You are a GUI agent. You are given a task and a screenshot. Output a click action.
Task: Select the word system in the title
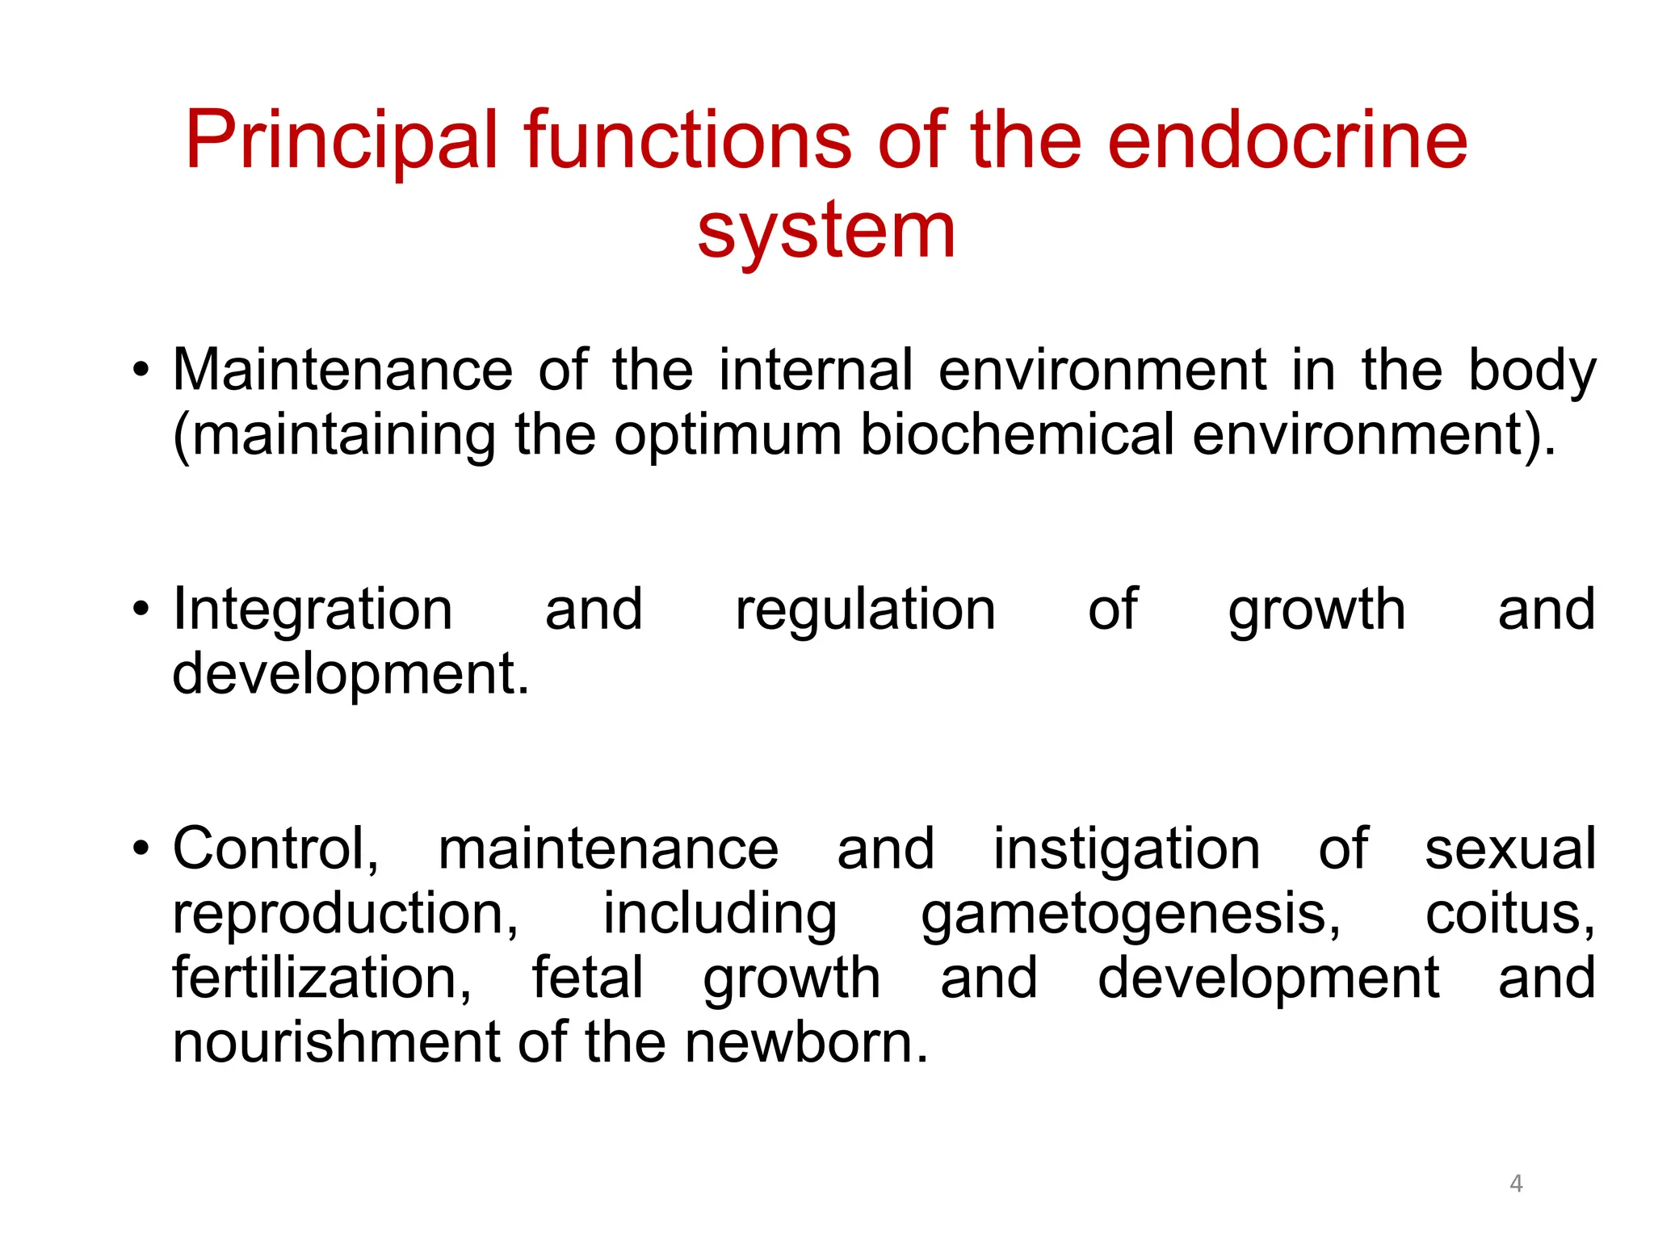(x=826, y=232)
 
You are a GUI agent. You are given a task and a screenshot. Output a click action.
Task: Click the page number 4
(x=1516, y=1183)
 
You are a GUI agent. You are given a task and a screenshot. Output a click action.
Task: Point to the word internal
(x=816, y=371)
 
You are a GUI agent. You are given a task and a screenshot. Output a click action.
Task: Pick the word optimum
(x=727, y=435)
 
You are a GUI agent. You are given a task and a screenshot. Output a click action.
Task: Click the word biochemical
(x=1016, y=435)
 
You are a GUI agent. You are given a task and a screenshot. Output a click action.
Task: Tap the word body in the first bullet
(x=1531, y=371)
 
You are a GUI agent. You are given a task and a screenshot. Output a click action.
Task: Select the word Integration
(x=313, y=610)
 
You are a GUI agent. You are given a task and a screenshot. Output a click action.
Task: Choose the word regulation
(x=865, y=611)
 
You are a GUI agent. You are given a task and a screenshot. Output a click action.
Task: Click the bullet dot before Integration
(x=142, y=610)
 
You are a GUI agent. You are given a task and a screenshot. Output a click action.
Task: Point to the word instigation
(x=1126, y=850)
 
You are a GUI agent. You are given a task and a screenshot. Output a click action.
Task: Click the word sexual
(x=1510, y=849)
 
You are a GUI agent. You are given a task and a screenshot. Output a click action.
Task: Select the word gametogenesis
(x=1131, y=915)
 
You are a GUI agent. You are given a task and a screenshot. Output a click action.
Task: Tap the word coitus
(x=1509, y=915)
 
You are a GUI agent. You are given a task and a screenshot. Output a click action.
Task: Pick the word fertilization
(x=322, y=978)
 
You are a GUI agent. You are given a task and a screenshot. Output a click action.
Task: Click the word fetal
(x=587, y=978)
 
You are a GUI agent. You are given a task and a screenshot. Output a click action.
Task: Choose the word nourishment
(x=338, y=1043)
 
